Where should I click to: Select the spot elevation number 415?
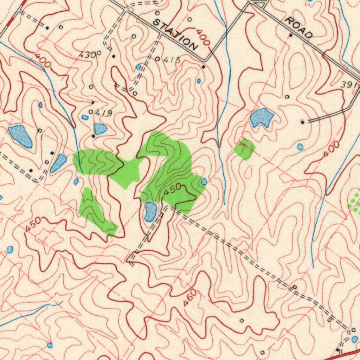click(x=172, y=60)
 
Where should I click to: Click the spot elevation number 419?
click(x=104, y=113)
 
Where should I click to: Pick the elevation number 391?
click(x=349, y=85)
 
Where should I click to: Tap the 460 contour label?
click(x=190, y=297)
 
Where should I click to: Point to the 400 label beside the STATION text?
click(x=203, y=38)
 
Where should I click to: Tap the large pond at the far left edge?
click(x=20, y=136)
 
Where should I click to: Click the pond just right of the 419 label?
click(x=100, y=129)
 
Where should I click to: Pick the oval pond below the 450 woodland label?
click(x=150, y=212)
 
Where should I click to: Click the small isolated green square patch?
click(x=245, y=149)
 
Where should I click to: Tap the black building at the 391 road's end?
click(x=303, y=122)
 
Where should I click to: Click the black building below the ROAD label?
click(x=291, y=35)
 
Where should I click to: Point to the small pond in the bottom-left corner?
click(x=50, y=345)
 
